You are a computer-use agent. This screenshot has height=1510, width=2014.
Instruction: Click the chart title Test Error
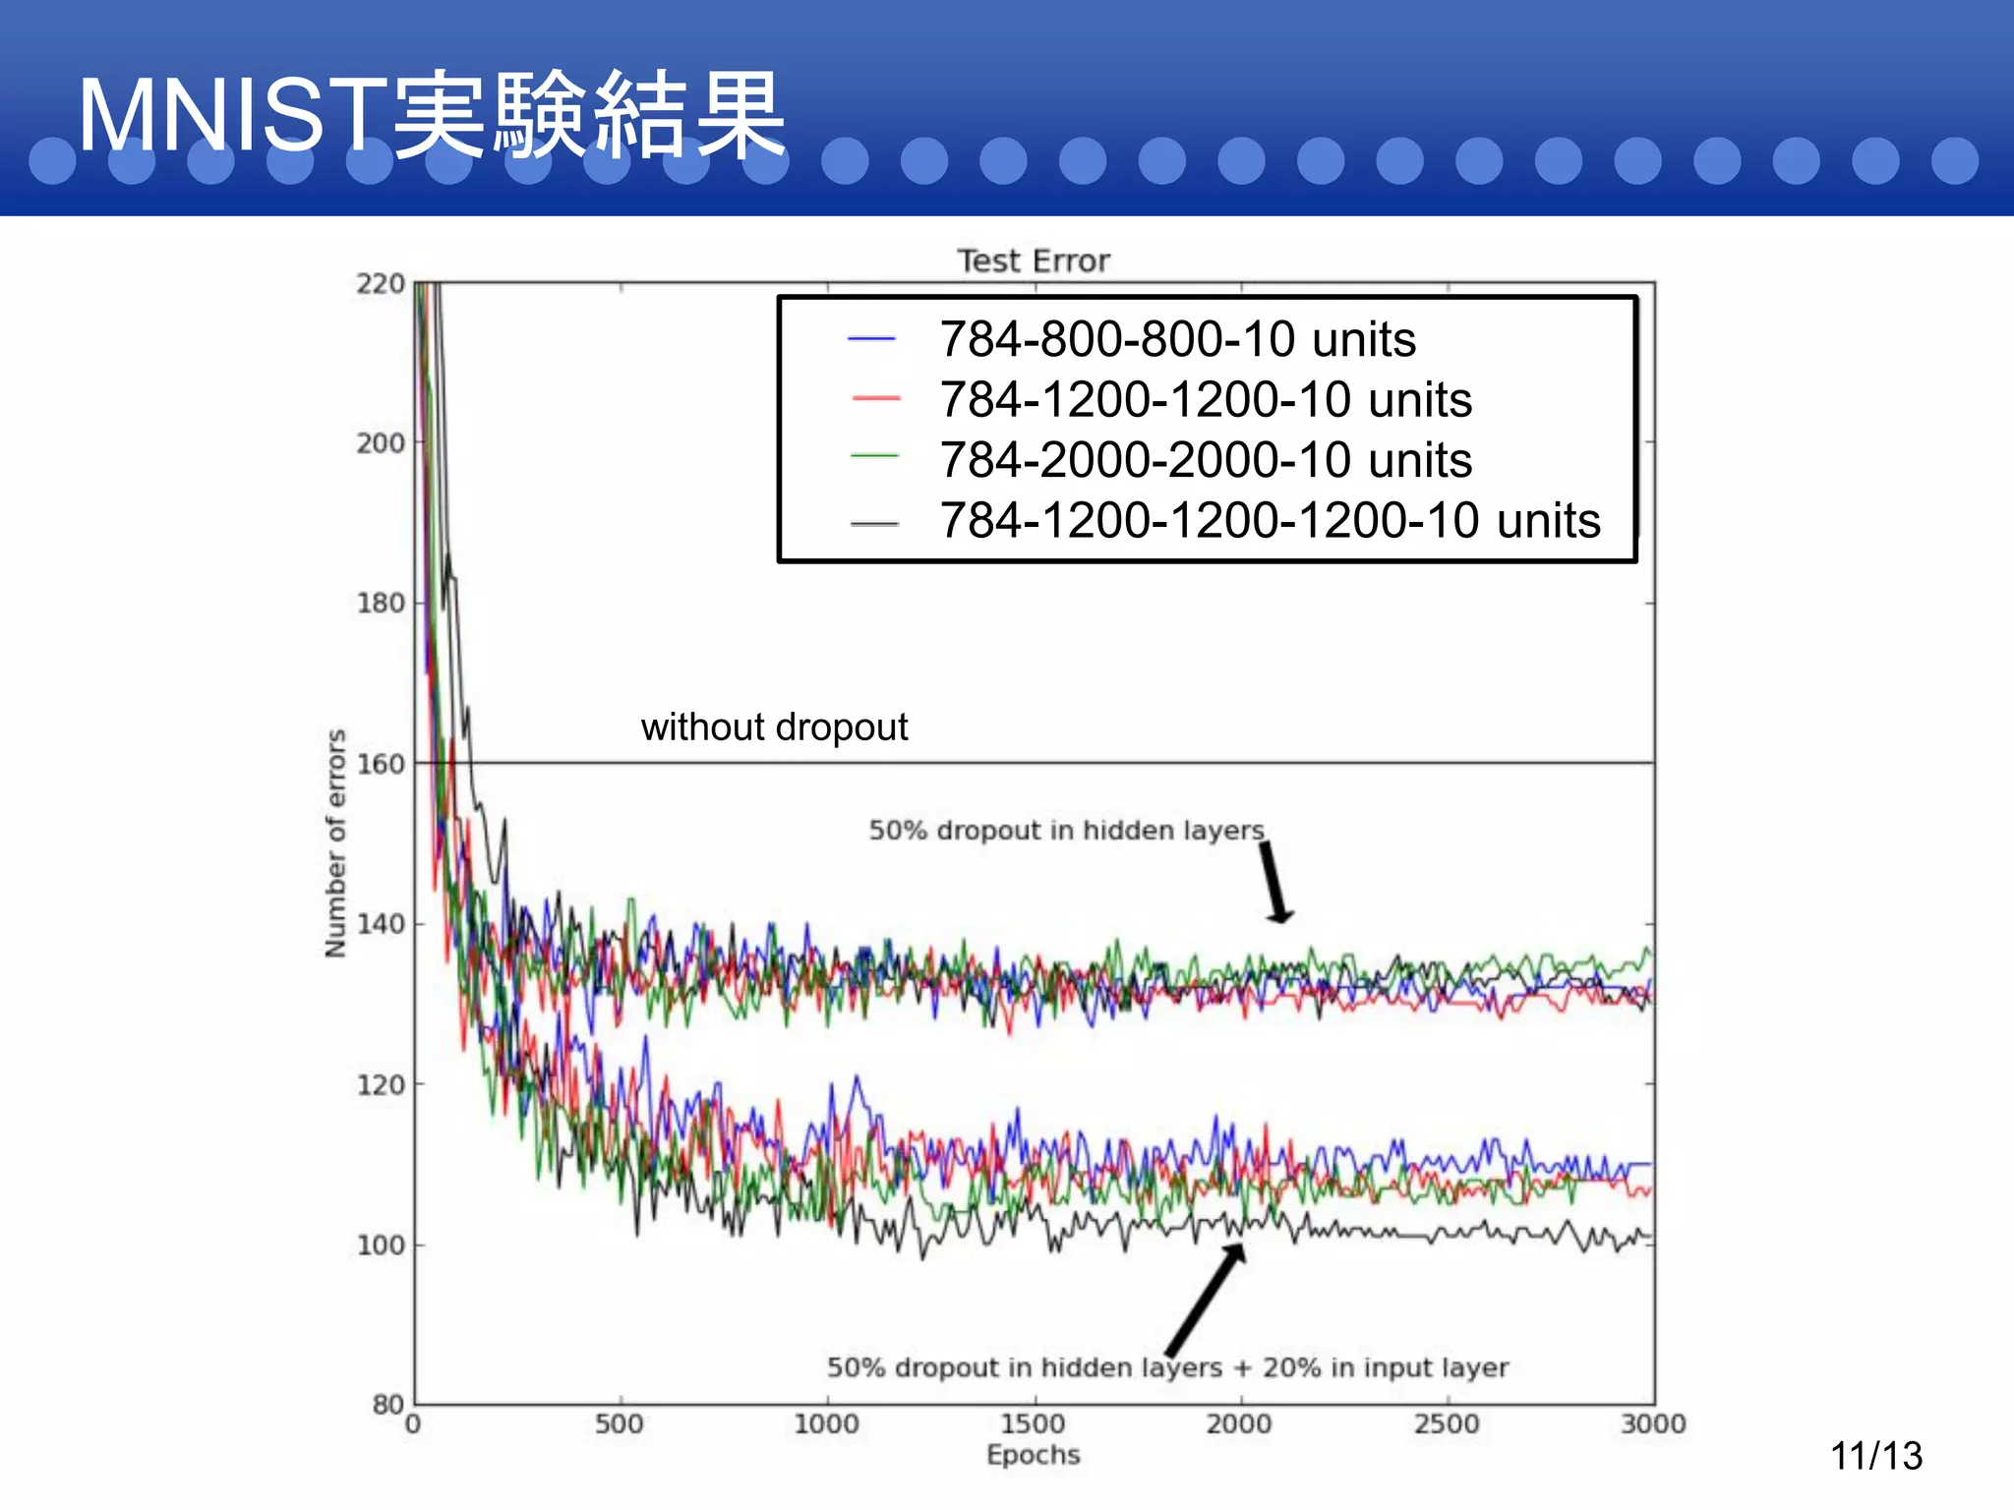coord(1033,261)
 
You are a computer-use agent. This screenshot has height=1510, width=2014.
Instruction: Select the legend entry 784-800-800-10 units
coord(1177,339)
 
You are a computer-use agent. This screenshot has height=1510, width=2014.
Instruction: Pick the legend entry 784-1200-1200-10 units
coord(1206,400)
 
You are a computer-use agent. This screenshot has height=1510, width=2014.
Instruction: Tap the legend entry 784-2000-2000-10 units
coord(1206,460)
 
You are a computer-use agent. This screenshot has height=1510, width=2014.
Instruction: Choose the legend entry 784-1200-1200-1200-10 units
coord(1270,520)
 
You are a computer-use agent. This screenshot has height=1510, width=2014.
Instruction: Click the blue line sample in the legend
coord(871,339)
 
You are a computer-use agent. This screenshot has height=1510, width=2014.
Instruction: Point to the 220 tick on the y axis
coord(381,284)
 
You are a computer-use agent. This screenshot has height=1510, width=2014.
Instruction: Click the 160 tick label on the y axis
coord(381,764)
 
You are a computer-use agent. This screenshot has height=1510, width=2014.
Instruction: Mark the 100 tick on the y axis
coord(381,1245)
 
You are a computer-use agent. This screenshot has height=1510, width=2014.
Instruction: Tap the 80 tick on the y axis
coord(388,1404)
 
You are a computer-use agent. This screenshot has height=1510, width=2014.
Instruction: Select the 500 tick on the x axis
coord(620,1423)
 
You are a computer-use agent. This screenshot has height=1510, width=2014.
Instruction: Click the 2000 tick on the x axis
coord(1239,1423)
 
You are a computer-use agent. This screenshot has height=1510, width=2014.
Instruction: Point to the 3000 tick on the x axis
coord(1653,1423)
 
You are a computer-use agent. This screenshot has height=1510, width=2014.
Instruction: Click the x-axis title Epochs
coord(1033,1455)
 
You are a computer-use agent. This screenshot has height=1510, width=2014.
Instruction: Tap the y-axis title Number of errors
coord(336,842)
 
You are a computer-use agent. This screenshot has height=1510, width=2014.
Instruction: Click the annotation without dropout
coord(774,727)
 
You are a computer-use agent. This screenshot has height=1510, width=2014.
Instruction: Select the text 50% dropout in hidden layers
coord(1066,831)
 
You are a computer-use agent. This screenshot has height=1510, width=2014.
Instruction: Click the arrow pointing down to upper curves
coord(1275,882)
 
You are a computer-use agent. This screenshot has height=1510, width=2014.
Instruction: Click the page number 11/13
coord(1875,1456)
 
